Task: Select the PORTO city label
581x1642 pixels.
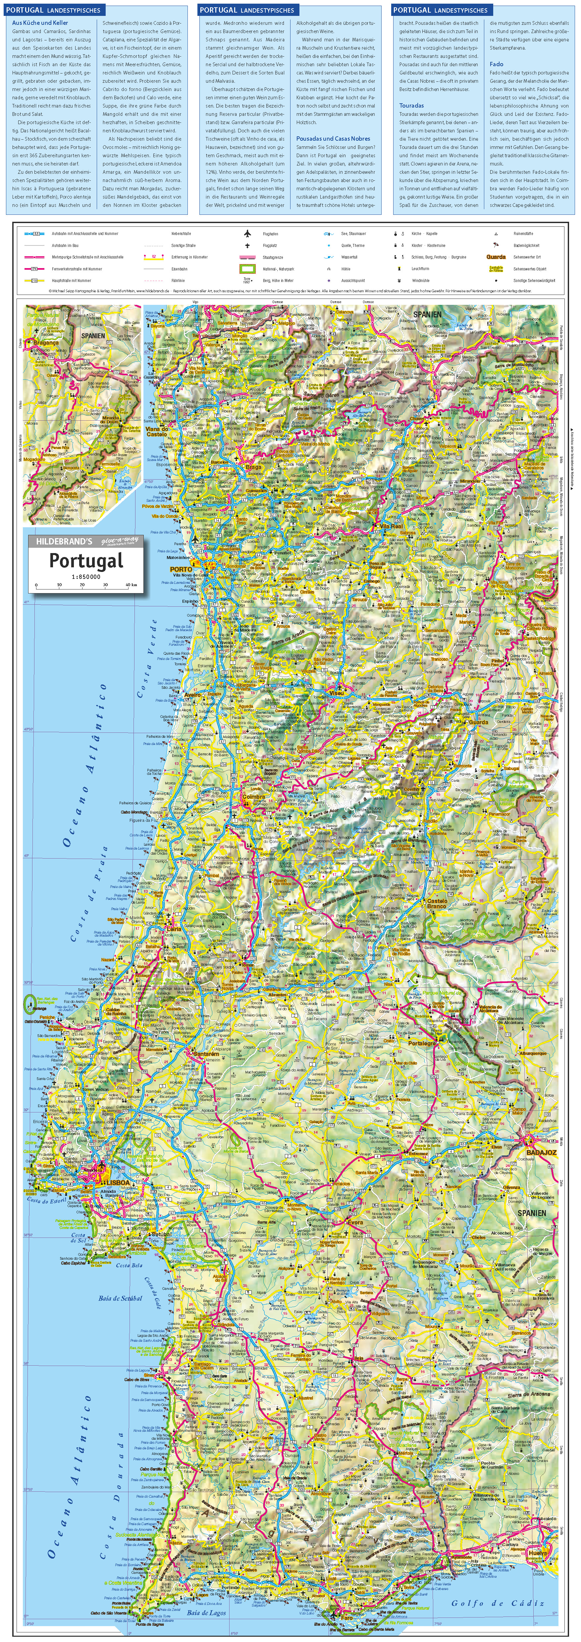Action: click(181, 569)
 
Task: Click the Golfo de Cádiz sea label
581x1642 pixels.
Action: click(498, 1603)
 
